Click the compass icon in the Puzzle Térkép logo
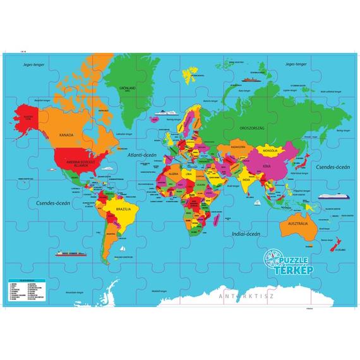(272, 258)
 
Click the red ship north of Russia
(249, 80)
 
